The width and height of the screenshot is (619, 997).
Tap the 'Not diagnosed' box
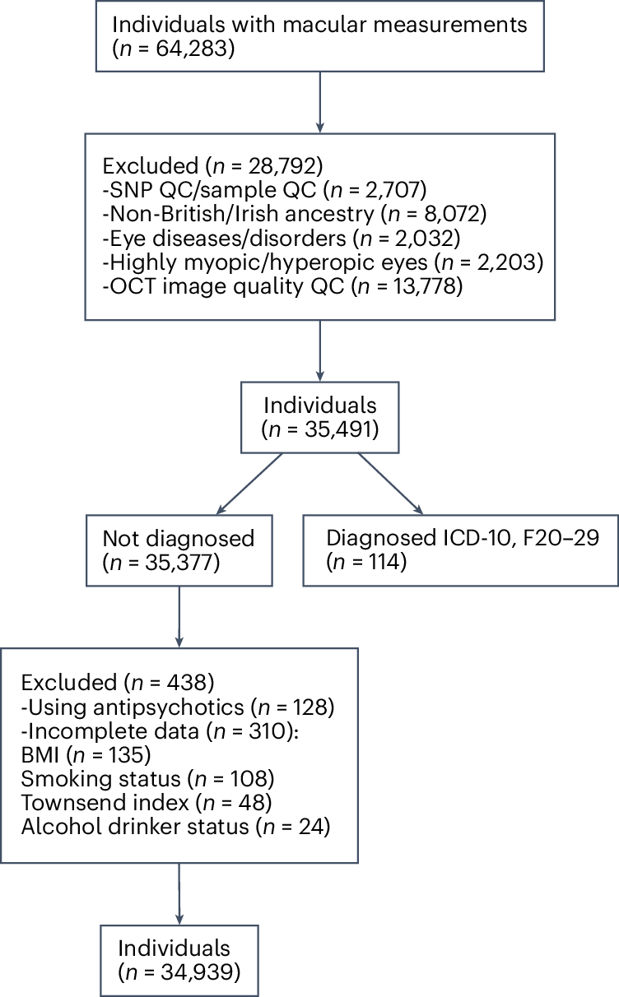point(179,550)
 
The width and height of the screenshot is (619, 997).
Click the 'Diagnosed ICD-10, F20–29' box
point(460,550)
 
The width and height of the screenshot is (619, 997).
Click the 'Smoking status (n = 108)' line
point(147,778)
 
